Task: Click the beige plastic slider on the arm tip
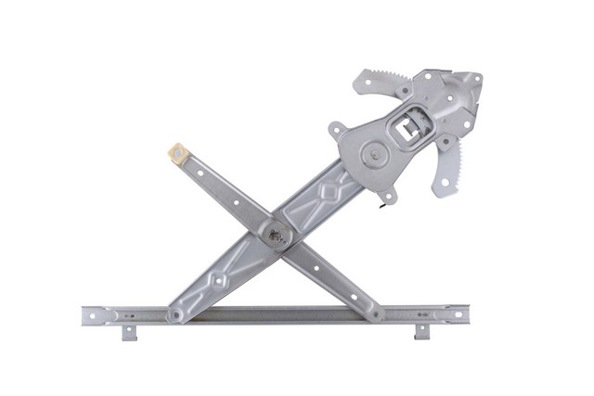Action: (177, 151)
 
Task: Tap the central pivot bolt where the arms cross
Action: (276, 236)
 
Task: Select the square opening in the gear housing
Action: (409, 129)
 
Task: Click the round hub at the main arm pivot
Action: (374, 156)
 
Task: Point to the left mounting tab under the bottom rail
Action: (129, 332)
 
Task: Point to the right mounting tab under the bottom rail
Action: (421, 332)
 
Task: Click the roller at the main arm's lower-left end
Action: (174, 315)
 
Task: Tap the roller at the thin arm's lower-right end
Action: (376, 314)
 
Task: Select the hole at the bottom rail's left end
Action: (91, 315)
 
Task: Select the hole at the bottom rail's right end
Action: (457, 315)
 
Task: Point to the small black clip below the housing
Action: (381, 206)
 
